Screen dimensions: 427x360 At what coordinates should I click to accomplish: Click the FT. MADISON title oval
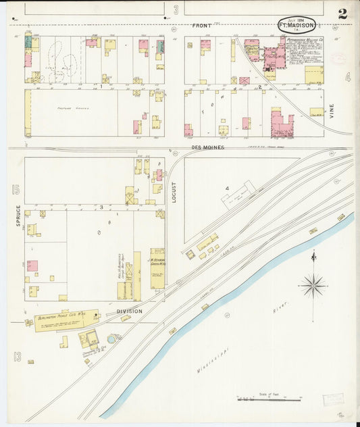tap(297, 25)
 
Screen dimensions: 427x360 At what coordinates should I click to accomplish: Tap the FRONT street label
tap(201, 25)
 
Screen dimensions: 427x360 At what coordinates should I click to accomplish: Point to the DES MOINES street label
tap(207, 147)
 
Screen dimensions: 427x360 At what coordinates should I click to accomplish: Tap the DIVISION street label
tap(129, 311)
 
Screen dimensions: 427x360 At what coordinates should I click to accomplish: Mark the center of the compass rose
tap(313, 286)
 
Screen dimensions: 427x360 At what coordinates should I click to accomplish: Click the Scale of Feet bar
tap(268, 400)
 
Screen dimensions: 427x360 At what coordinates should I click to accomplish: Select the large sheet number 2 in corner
tap(343, 14)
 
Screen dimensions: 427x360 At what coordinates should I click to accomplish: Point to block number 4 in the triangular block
tap(228, 189)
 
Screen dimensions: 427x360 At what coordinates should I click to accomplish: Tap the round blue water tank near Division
tap(111, 337)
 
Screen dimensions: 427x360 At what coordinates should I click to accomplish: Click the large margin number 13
tap(16, 356)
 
